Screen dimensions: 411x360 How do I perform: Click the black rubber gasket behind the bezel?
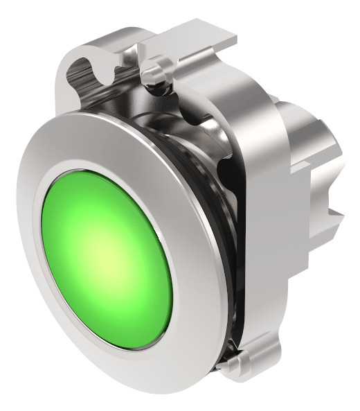(223, 229)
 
